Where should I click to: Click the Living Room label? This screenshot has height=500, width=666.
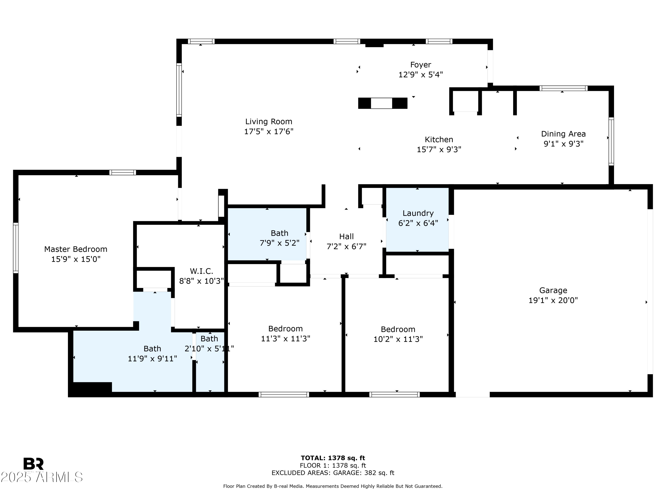pos(269,122)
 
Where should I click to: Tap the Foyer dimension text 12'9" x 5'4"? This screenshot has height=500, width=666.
pos(421,74)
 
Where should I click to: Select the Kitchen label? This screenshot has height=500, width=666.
pos(439,140)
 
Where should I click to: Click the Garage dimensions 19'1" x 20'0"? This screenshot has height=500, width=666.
pos(553,300)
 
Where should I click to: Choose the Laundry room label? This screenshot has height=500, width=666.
pos(418,213)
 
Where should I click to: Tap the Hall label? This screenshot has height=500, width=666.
pos(346,236)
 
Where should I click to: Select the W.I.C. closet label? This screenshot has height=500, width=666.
pos(201,271)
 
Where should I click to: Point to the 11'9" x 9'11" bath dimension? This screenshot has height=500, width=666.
pos(152,359)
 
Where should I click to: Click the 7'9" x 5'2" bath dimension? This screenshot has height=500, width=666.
pos(279,243)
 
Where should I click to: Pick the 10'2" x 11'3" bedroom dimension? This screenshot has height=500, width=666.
pos(398,339)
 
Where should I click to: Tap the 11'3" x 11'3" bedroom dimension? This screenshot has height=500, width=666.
pos(285,338)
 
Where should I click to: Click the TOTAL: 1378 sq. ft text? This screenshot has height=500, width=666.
pos(333,458)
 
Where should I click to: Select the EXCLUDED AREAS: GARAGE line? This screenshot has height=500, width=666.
pos(333,473)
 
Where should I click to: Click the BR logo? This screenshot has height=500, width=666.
pos(34,464)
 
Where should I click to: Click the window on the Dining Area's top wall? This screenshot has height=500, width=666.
pos(563,88)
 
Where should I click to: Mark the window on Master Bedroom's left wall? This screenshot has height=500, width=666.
pos(16,248)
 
